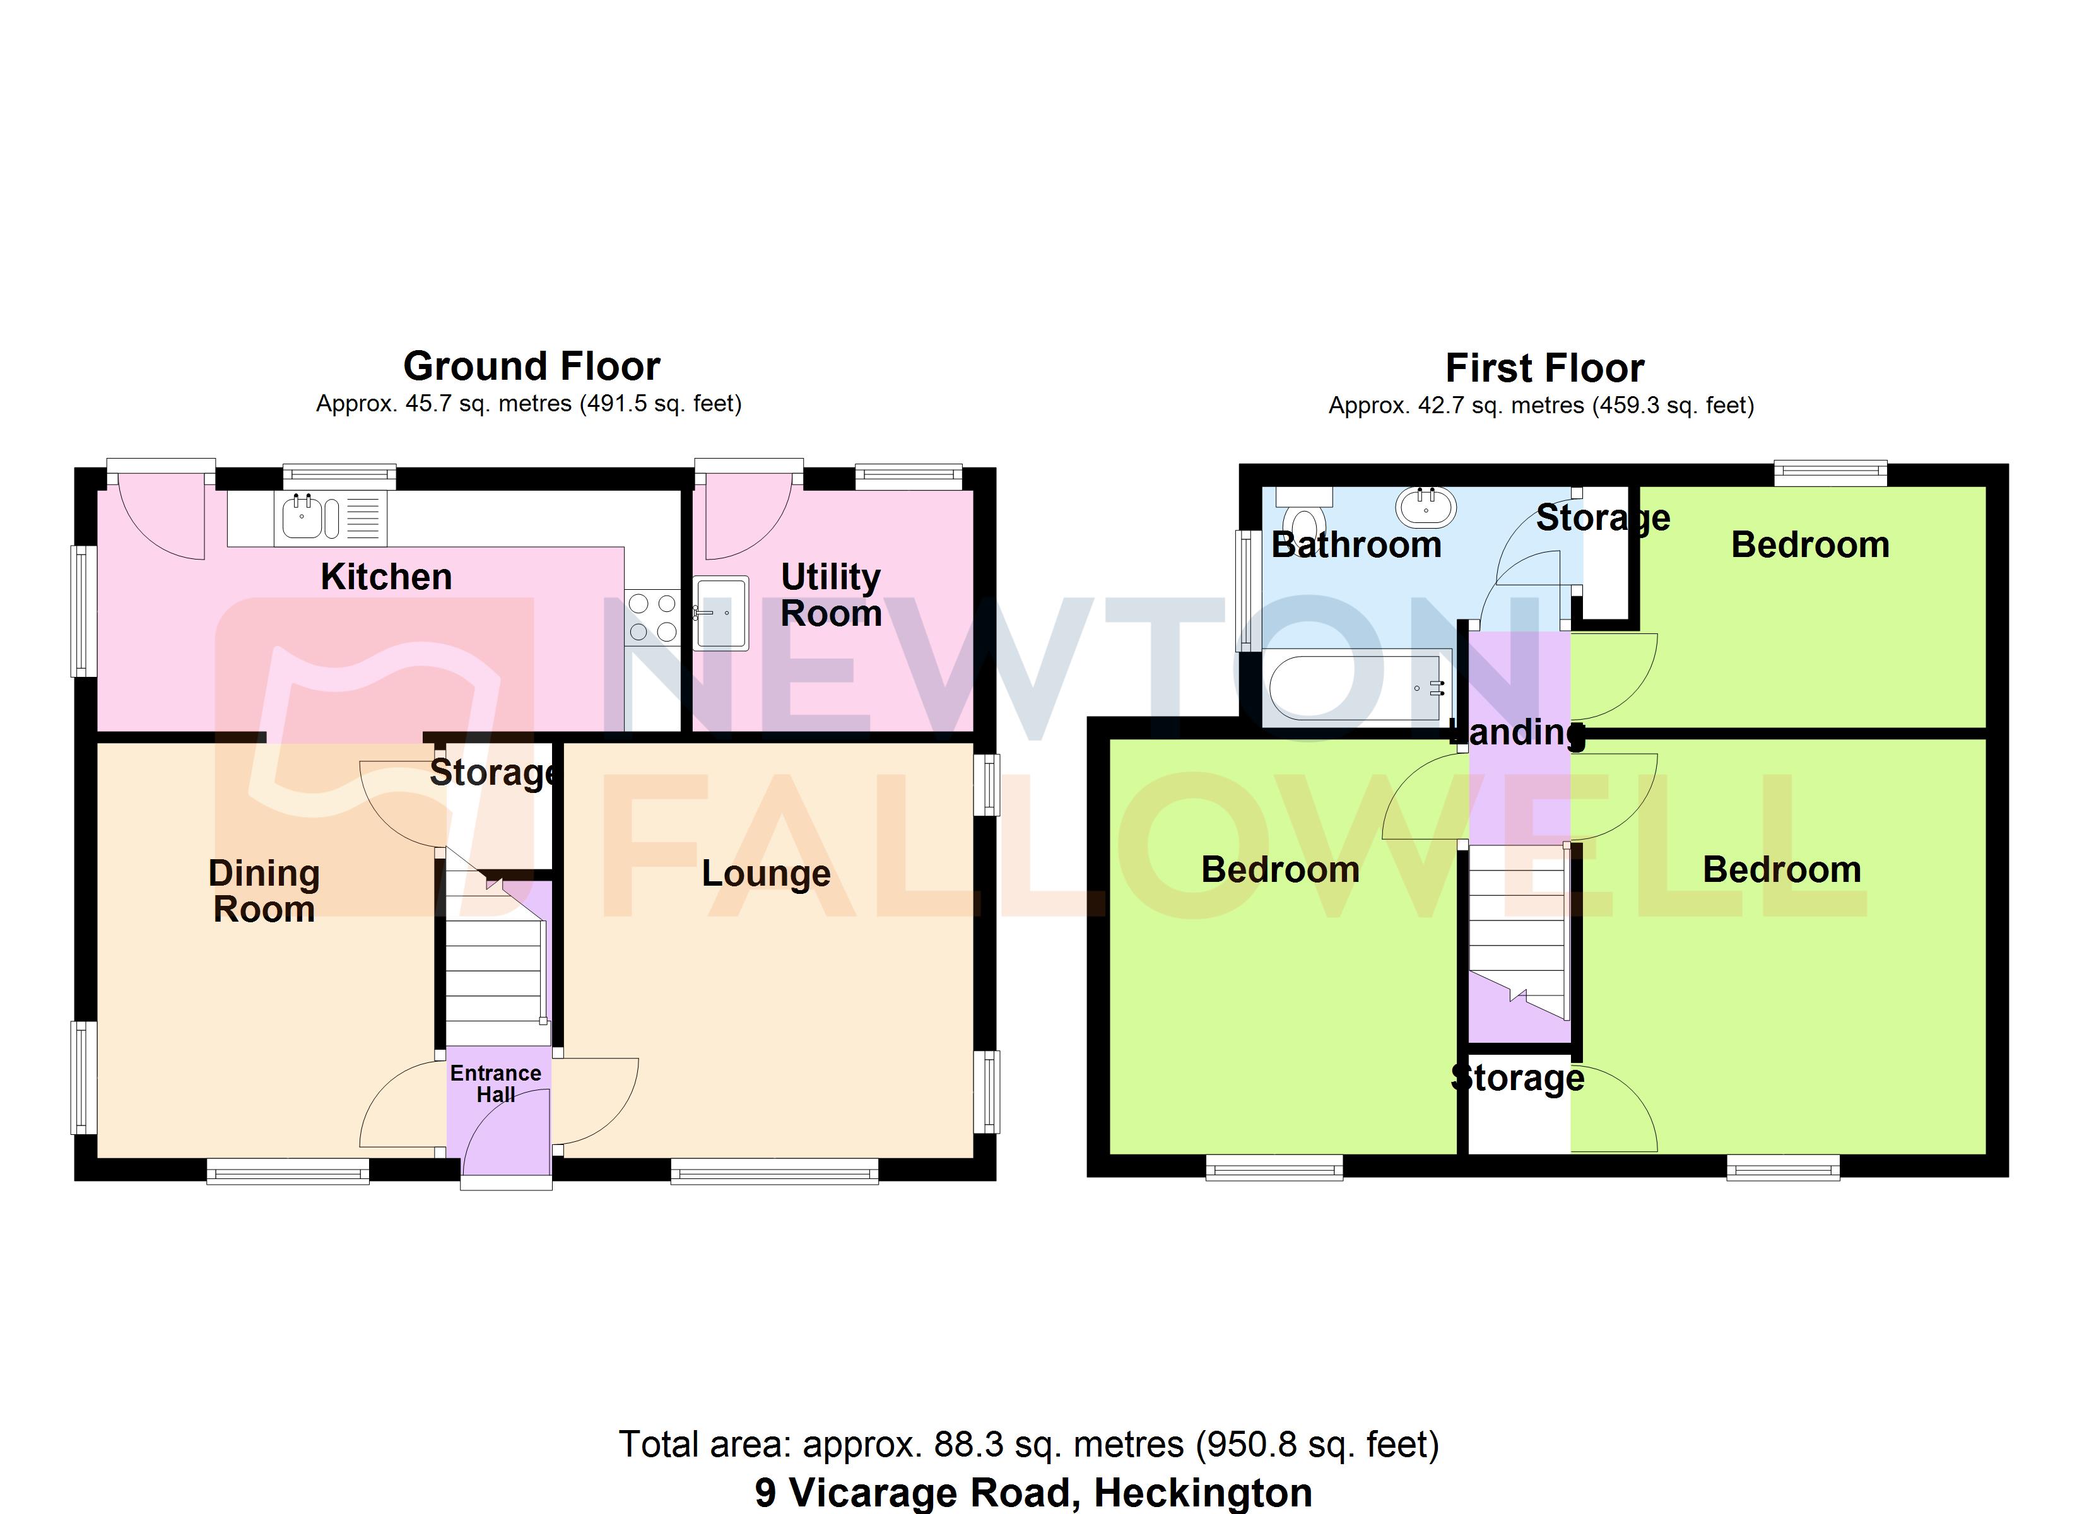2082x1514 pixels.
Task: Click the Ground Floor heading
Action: coord(531,367)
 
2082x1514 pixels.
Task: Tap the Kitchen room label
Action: coord(387,577)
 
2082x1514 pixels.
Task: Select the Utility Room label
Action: coord(831,595)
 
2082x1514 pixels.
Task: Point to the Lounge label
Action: coord(765,873)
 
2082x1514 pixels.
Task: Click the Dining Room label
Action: coord(264,891)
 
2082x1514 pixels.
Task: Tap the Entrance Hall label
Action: coord(496,1083)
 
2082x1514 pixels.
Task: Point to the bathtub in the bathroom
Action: coord(1357,688)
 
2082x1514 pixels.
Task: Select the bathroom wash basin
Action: coord(1426,507)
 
